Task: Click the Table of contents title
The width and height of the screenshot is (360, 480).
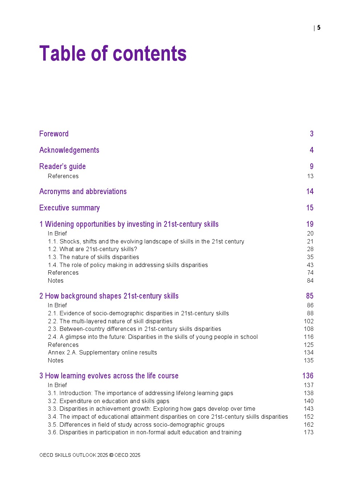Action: (112, 54)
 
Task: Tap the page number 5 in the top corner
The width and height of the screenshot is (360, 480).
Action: (319, 28)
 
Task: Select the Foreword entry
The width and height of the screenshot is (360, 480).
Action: (54, 134)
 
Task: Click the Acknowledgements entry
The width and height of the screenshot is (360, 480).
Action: (69, 150)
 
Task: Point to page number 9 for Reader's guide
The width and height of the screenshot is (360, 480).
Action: (311, 167)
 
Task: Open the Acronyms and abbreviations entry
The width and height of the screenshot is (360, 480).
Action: (83, 192)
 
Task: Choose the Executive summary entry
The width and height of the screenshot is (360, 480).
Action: (69, 208)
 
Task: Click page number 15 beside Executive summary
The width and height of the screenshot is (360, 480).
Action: (310, 208)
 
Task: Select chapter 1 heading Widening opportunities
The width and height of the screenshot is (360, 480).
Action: (129, 224)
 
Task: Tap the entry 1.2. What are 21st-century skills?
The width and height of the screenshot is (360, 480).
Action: (93, 249)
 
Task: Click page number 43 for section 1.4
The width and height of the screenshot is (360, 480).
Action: (310, 265)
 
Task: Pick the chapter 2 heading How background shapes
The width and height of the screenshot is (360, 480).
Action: (109, 296)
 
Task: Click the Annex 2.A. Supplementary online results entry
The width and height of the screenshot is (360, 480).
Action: (102, 353)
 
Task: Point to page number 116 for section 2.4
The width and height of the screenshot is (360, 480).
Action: (308, 337)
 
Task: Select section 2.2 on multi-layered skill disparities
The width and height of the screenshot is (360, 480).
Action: (110, 321)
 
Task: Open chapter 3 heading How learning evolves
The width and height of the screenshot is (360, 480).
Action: (109, 376)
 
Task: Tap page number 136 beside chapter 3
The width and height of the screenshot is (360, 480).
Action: (308, 376)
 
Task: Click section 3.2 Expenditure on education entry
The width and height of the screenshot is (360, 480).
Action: (109, 401)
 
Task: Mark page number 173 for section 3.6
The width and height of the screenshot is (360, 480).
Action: (308, 432)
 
